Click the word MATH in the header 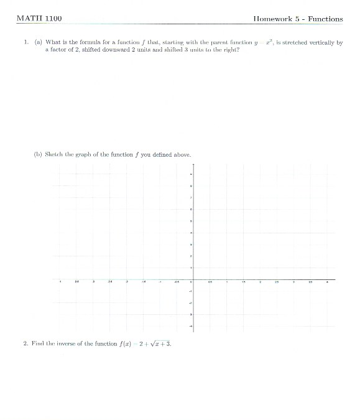(x=29, y=19)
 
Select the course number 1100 (x=53, y=19)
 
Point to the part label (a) (x=38, y=43)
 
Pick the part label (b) (x=38, y=154)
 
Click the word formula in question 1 (x=84, y=43)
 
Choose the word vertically (x=325, y=43)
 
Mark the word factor (x=61, y=50)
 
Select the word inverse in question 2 (x=68, y=343)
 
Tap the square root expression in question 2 (x=159, y=343)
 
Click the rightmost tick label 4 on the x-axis (x=327, y=282)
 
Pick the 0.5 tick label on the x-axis (x=210, y=282)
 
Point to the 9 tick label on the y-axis (x=191, y=174)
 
